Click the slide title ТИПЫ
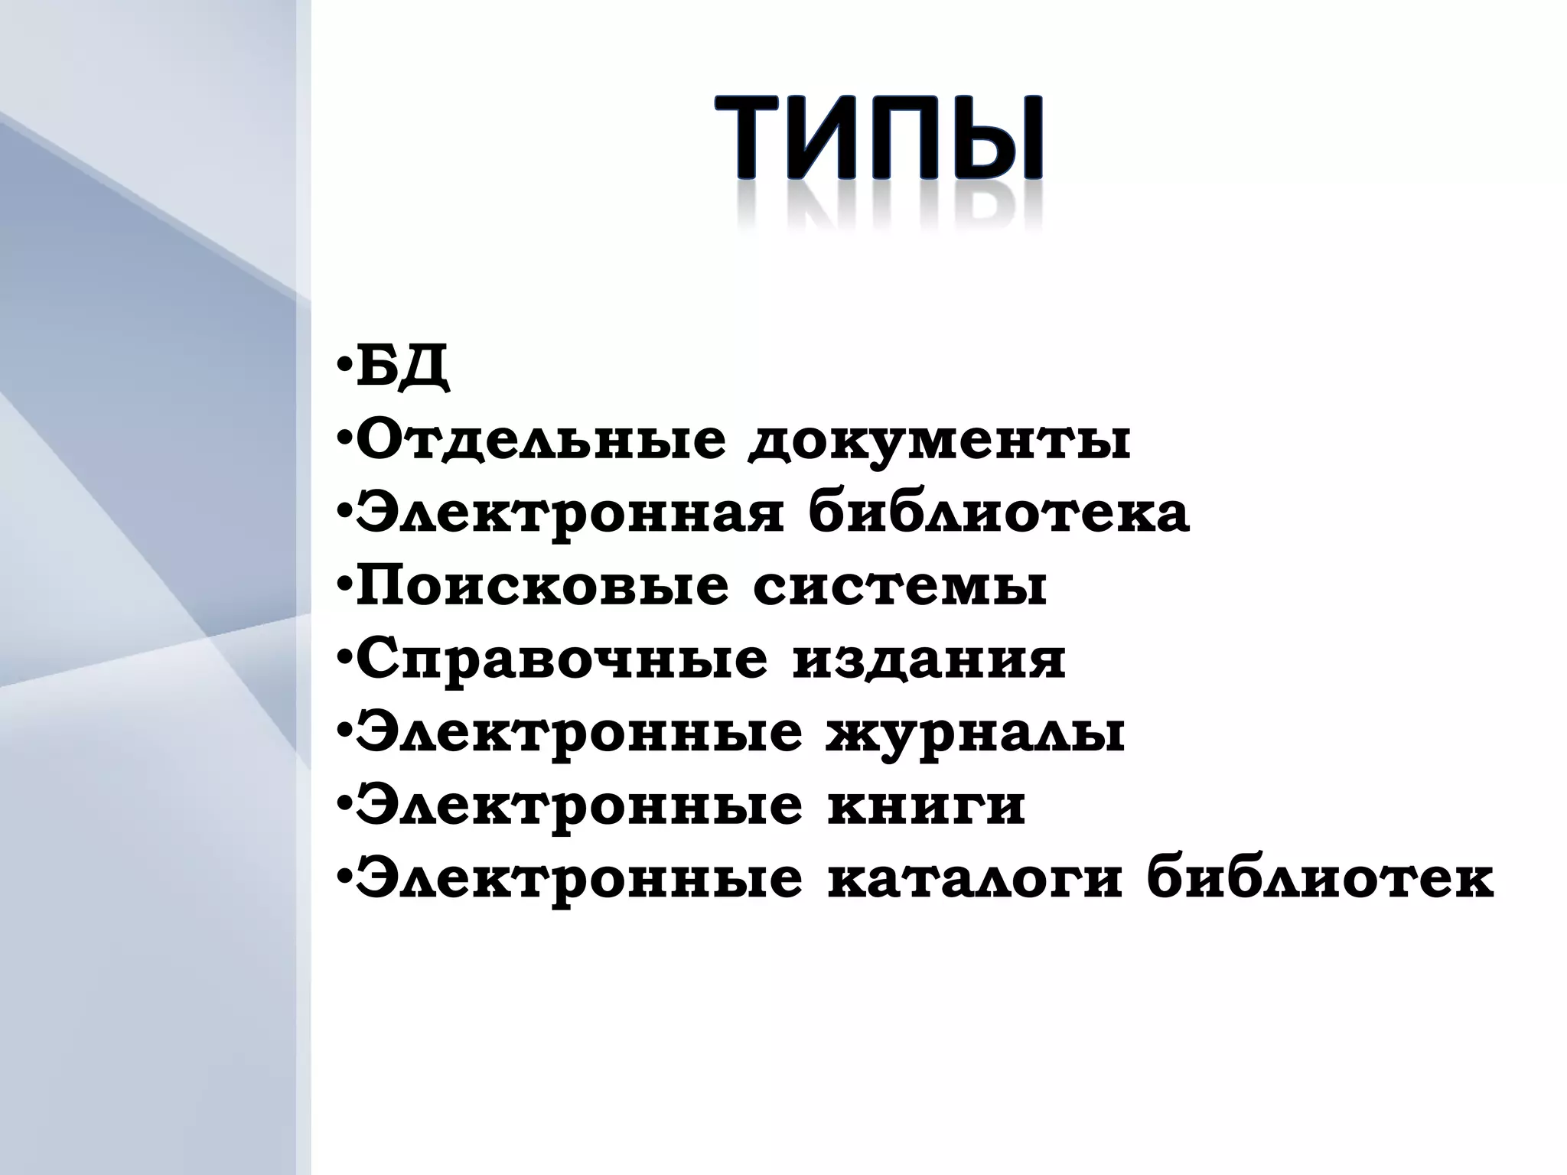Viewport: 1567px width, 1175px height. pyautogui.click(x=878, y=138)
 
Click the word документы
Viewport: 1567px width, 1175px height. pyautogui.click(x=940, y=441)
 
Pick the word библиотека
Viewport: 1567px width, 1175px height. pyautogui.click(x=999, y=514)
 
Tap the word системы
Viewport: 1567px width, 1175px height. pyautogui.click(x=900, y=587)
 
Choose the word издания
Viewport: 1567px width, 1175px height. pyautogui.click(x=928, y=660)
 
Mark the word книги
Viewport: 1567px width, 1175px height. pyautogui.click(x=926, y=806)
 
